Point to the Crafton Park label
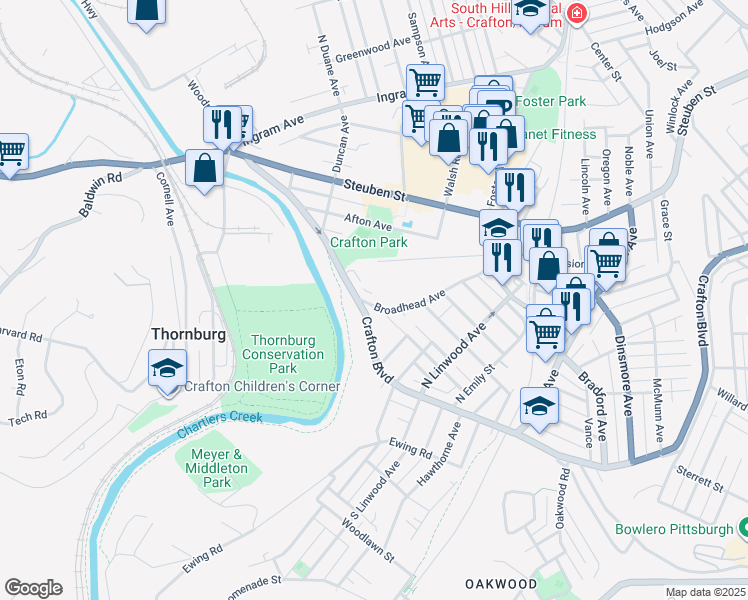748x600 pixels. [369, 242]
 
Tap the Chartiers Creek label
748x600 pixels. [220, 425]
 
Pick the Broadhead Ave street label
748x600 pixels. [409, 301]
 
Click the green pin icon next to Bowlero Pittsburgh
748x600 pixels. [743, 527]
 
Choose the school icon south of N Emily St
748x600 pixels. [539, 406]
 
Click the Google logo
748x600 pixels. [33, 588]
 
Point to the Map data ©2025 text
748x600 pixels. [705, 592]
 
